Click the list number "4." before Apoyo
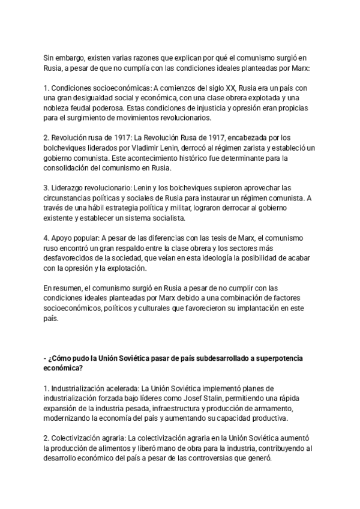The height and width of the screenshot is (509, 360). coord(47,238)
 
